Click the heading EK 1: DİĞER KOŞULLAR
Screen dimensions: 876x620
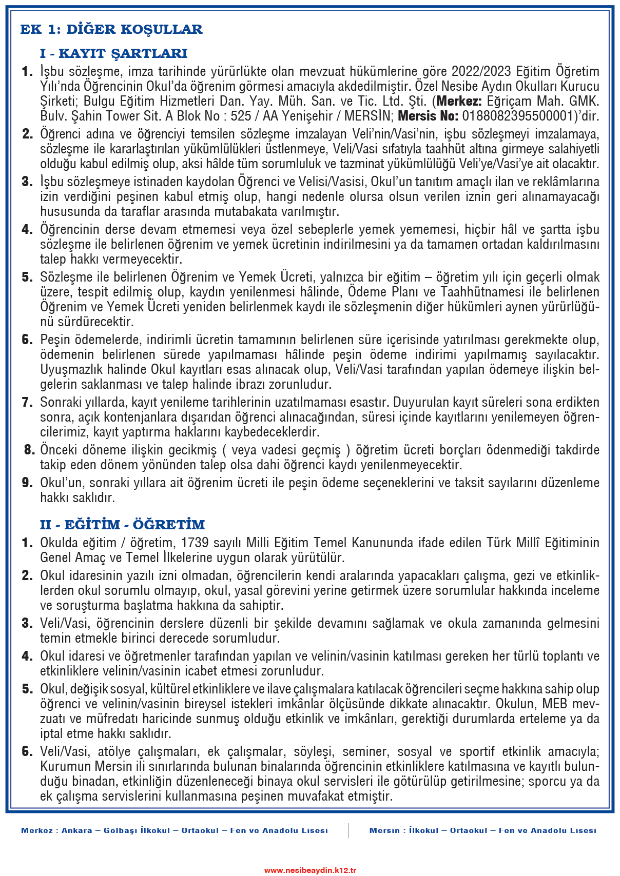pos(111,29)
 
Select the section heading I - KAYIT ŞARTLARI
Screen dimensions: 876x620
pos(113,53)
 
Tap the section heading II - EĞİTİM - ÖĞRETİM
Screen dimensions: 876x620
pos(122,525)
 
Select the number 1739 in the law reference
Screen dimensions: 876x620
pos(195,543)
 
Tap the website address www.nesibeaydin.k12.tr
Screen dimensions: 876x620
pos(310,870)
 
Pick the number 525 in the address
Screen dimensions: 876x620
pos(241,116)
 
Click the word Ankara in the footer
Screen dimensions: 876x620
pos(77,830)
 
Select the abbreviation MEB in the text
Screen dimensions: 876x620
pos(554,704)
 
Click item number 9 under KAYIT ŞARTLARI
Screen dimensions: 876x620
pos(27,483)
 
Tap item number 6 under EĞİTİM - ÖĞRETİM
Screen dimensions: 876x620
pos(27,751)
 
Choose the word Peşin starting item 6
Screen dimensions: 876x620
pos(54,340)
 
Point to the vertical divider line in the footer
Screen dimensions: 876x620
pos(348,830)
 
